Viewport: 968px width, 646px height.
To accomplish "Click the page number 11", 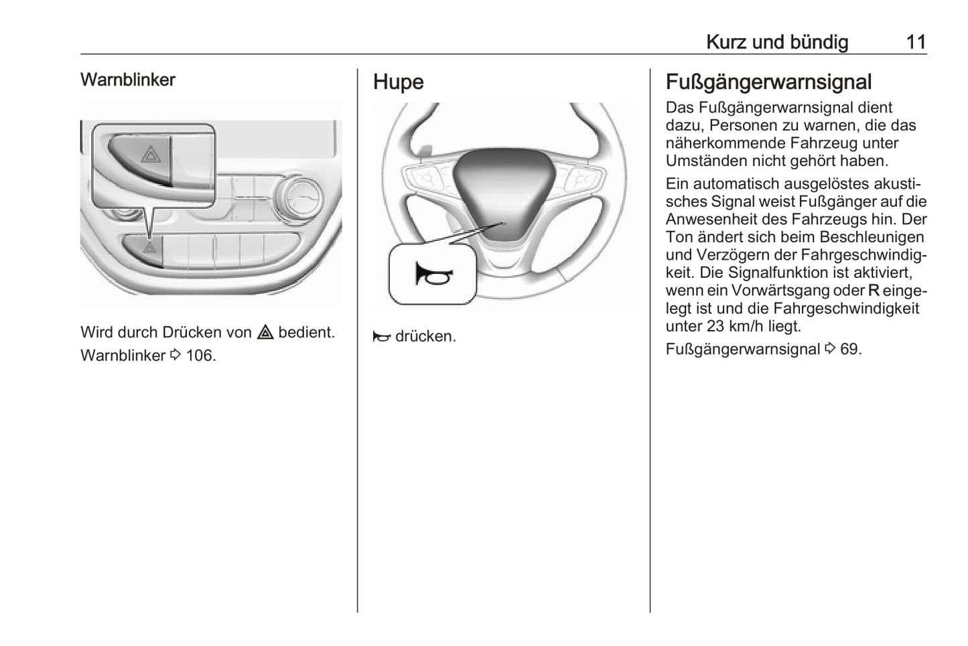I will pyautogui.click(x=916, y=42).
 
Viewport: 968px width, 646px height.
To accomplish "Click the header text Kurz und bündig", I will pyautogui.click(x=776, y=42).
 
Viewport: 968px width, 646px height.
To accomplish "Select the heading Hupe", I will pyautogui.click(x=398, y=82).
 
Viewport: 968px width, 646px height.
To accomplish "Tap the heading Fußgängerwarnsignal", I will pyautogui.click(x=768, y=82).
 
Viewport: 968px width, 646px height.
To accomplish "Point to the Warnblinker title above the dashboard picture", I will pyautogui.click(x=127, y=80).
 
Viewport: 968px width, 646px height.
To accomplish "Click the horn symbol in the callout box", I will pyautogui.click(x=433, y=274).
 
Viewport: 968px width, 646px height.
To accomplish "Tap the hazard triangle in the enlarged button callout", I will pyautogui.click(x=150, y=157).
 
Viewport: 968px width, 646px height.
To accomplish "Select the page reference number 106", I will pyautogui.click(x=200, y=355).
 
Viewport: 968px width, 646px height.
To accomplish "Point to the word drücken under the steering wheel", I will pyautogui.click(x=425, y=336).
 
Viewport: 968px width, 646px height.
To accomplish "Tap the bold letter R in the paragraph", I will pyautogui.click(x=874, y=291).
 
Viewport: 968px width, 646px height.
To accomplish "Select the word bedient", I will pyautogui.click(x=306, y=332).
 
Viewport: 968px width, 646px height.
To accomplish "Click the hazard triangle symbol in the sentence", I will pyautogui.click(x=265, y=332).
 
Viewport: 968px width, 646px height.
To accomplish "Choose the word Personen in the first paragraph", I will pyautogui.click(x=742, y=125).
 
